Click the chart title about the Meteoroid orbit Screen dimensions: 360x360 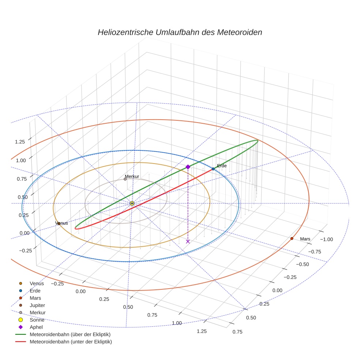[x=180, y=32]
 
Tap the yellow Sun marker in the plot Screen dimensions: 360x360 [x=132, y=203]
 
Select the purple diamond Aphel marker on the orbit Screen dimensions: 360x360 [x=188, y=167]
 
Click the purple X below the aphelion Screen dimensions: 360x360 [x=188, y=241]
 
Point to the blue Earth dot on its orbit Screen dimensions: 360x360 [x=213, y=169]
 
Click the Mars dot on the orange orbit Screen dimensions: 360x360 [x=292, y=239]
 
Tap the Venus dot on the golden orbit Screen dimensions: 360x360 [x=59, y=223]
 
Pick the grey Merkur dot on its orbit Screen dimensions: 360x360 [x=125, y=179]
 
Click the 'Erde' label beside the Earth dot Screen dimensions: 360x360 [x=222, y=166]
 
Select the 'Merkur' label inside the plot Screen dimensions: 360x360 [x=132, y=176]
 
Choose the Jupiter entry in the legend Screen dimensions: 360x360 [x=37, y=305]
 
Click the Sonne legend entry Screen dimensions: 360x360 [x=37, y=320]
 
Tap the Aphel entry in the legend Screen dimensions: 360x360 [x=36, y=327]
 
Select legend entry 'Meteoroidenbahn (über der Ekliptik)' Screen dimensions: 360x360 [x=70, y=334]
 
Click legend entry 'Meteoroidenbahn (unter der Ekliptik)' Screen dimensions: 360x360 [x=71, y=342]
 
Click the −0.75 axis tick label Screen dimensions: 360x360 [x=314, y=252]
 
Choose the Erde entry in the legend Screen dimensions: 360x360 [x=35, y=290]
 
